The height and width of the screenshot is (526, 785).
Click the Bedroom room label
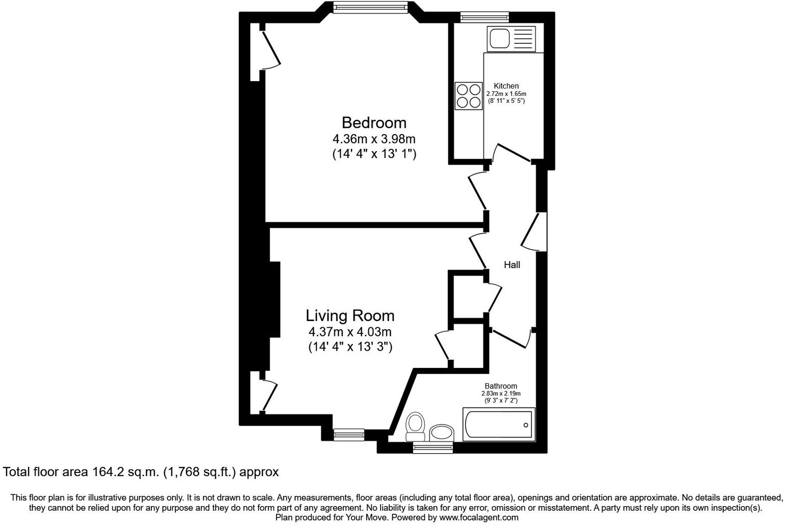tap(374, 123)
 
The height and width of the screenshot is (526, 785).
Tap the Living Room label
tap(349, 315)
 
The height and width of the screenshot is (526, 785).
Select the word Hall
tap(511, 265)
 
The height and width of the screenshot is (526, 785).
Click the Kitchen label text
tap(506, 86)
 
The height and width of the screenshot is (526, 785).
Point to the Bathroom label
tap(500, 386)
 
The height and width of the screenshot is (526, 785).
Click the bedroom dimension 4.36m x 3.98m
tap(374, 139)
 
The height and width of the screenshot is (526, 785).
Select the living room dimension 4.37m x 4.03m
tap(349, 332)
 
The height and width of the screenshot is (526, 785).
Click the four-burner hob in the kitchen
tap(469, 96)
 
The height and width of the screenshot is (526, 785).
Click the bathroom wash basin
tap(441, 433)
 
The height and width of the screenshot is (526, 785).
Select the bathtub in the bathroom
tap(498, 425)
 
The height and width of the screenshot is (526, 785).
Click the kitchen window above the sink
tap(484, 17)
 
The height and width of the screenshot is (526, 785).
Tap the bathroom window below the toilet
tap(432, 448)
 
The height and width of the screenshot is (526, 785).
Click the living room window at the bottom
tap(348, 434)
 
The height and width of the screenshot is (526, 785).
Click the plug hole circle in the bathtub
tap(526, 425)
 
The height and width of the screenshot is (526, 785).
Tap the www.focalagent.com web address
tap(478, 517)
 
